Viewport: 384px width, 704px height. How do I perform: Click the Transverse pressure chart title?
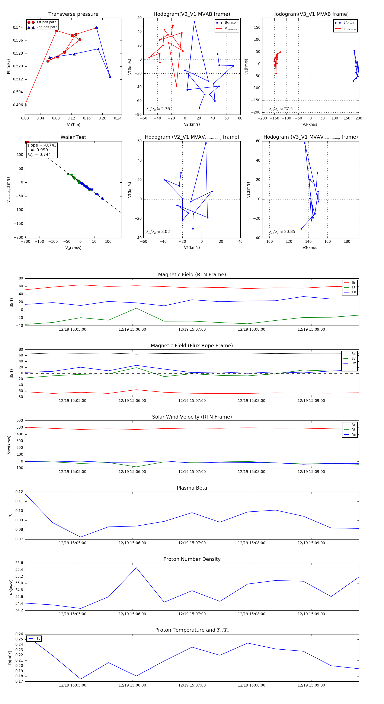coord(73,14)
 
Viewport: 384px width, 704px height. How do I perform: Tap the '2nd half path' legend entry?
coord(47,27)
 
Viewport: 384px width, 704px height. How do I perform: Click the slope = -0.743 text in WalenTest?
coord(42,145)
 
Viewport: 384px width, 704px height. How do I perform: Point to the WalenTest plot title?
coord(73,137)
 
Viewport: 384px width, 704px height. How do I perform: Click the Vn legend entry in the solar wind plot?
coord(354,435)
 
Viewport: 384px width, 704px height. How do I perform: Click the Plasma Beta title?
coord(192,488)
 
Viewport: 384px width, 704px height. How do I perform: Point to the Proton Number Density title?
coord(192,559)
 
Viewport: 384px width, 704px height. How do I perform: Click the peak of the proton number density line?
coord(136,568)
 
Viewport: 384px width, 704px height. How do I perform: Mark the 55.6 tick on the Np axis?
coord(19,563)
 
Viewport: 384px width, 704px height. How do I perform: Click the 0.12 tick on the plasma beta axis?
coord(19,492)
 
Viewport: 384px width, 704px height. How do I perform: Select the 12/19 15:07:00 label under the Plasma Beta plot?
coord(192,543)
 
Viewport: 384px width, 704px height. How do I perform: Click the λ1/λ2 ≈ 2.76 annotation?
coord(158,109)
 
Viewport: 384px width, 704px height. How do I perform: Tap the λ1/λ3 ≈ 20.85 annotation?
coord(282,232)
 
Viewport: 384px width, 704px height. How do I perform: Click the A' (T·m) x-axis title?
coord(73,125)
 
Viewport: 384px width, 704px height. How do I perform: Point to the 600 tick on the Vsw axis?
coord(20,421)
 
